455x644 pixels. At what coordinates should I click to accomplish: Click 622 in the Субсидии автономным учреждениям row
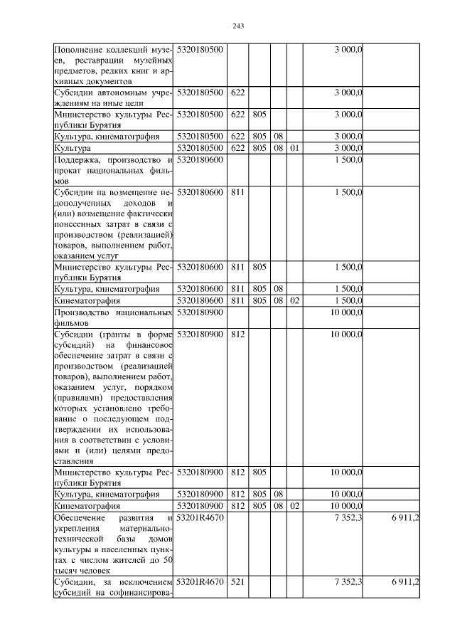pyautogui.click(x=238, y=93)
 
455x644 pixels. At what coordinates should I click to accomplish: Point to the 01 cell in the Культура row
pyautogui.click(x=296, y=148)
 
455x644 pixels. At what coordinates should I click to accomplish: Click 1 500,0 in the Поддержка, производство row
pyautogui.click(x=348, y=159)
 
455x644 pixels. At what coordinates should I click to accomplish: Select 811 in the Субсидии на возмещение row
pyautogui.click(x=238, y=193)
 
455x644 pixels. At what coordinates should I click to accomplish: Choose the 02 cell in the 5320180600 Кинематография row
pyautogui.click(x=296, y=300)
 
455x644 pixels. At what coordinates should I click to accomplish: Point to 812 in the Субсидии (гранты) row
pyautogui.click(x=238, y=334)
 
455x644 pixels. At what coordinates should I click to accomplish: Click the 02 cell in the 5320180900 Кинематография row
pyautogui.click(x=296, y=505)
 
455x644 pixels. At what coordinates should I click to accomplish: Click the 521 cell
pyautogui.click(x=238, y=582)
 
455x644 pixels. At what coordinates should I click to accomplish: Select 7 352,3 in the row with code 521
pyautogui.click(x=348, y=582)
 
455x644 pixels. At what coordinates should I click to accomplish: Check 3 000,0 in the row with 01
pyautogui.click(x=348, y=148)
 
